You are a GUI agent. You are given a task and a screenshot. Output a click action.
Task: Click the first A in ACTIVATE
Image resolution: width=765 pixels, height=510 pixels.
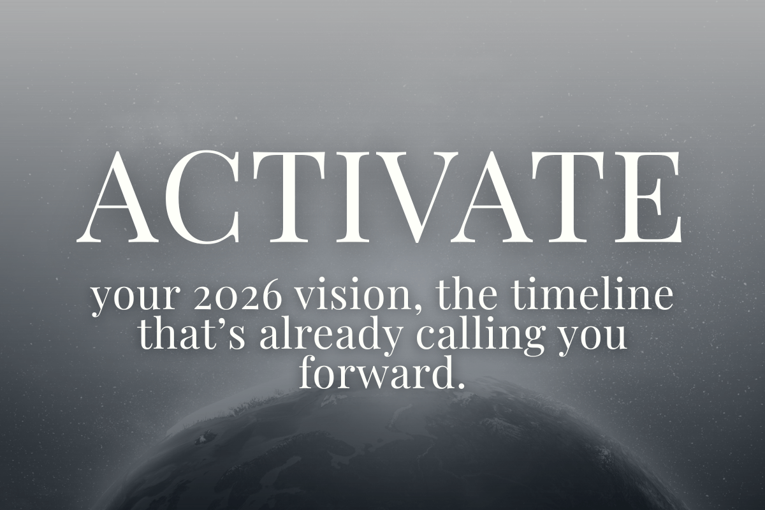[118, 197]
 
